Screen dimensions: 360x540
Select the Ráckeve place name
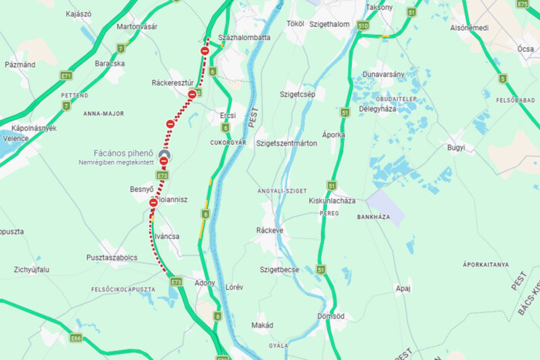pos(270,230)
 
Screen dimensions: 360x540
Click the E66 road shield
pos(75,338)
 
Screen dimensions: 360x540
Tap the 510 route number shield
pos(363,25)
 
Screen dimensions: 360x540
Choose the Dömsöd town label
pos(330,316)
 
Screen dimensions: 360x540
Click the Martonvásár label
pos(137,26)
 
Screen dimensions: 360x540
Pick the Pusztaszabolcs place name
pos(112,257)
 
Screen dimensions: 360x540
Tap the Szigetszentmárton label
pos(286,143)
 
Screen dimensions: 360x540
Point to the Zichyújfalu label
pos(32,270)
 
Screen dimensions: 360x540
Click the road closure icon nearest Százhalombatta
pos(204,51)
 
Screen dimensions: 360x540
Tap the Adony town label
pos(204,283)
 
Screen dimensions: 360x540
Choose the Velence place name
pos(15,138)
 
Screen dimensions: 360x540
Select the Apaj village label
pos(403,289)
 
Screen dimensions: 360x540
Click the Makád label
pos(262,325)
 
